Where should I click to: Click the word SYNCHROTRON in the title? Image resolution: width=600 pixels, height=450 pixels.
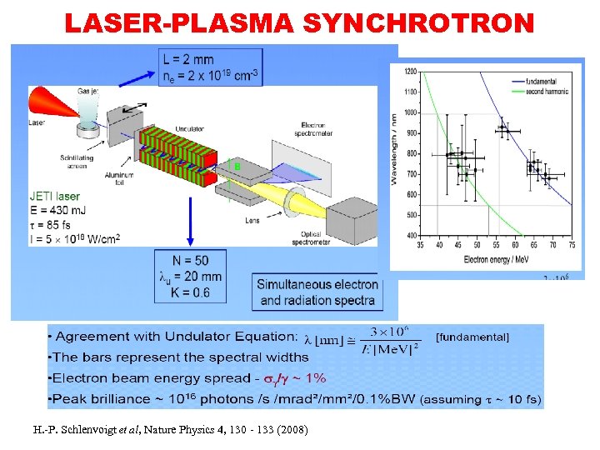pos(418,24)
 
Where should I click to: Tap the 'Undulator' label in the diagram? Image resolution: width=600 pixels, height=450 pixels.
pos(189,129)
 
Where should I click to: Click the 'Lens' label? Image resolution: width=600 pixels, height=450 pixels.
pos(252,221)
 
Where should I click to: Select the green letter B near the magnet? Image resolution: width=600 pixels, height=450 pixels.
pos(237,167)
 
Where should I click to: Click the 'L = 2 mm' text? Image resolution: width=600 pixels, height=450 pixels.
pos(191,60)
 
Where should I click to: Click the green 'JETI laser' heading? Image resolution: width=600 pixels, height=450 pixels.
pos(55,197)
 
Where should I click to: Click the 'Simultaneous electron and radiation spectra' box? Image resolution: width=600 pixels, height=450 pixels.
pos(317,292)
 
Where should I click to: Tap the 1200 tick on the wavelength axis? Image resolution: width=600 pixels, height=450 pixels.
pos(410,72)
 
